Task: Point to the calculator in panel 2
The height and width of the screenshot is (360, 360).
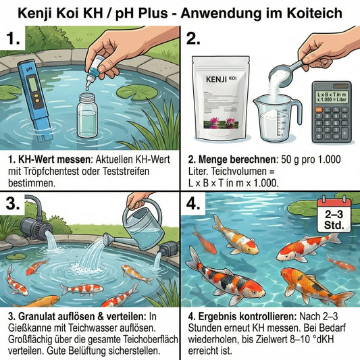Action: (x=332, y=111)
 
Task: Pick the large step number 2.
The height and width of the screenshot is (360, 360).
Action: (x=195, y=39)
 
